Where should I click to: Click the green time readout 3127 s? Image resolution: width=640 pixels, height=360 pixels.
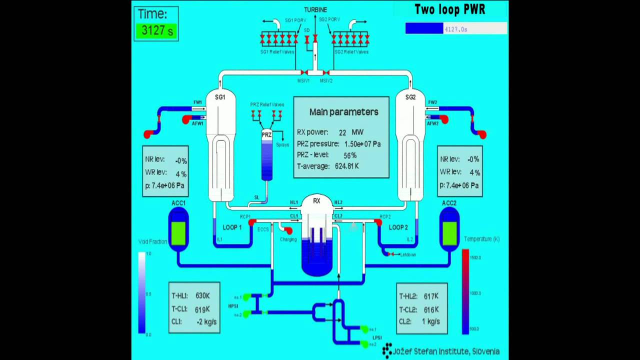click(x=156, y=30)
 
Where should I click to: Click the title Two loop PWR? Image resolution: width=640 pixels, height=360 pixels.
click(x=450, y=9)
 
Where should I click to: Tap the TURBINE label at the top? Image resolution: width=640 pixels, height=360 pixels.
click(x=315, y=9)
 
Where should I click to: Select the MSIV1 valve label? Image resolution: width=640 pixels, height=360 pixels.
click(x=304, y=80)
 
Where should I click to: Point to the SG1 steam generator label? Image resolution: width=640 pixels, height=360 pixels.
click(x=220, y=97)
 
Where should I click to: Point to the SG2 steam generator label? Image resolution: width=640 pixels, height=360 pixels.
click(x=410, y=97)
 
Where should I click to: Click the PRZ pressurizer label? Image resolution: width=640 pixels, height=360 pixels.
click(x=266, y=135)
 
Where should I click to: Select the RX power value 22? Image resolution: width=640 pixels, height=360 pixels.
click(x=342, y=132)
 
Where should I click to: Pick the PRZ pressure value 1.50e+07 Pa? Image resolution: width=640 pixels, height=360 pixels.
click(x=362, y=144)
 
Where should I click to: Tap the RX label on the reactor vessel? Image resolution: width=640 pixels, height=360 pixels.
click(x=316, y=201)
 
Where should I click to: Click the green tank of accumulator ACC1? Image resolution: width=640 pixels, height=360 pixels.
click(x=178, y=233)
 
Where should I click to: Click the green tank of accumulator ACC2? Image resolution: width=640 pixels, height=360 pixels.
click(x=449, y=233)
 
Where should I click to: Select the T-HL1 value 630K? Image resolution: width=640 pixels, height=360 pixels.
click(x=202, y=296)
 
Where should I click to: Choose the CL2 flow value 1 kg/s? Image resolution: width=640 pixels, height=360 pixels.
click(x=431, y=321)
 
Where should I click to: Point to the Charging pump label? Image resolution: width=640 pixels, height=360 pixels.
click(x=288, y=239)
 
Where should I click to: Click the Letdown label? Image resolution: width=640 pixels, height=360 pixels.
click(x=408, y=254)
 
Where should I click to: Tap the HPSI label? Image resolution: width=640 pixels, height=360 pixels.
click(x=233, y=306)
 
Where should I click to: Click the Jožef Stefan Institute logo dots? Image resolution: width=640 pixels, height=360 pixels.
click(x=387, y=350)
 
